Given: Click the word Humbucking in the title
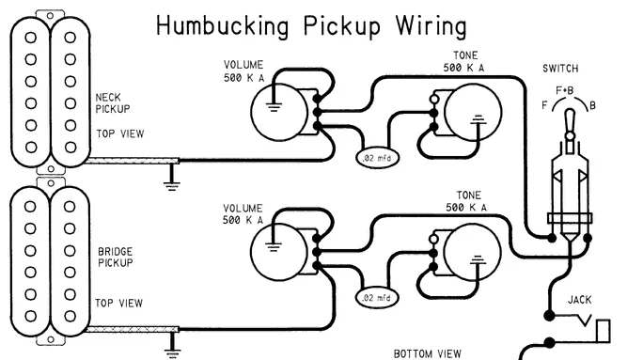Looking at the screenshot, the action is [223, 26].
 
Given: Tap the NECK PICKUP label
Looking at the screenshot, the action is [113, 103].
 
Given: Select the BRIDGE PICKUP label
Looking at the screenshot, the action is [116, 258].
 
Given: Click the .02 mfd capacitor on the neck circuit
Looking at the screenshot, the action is [377, 158].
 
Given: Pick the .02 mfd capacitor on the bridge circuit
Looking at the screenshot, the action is [377, 298].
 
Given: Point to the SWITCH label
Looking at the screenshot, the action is [560, 69].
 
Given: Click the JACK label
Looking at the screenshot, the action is [579, 300].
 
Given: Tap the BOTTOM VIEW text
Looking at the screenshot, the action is [428, 353].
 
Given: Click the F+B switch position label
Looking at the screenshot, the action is [565, 90].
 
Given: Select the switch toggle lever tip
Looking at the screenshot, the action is [570, 113].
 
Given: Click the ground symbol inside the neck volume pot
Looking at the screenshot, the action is [274, 107].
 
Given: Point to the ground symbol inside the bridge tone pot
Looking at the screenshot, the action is [477, 260].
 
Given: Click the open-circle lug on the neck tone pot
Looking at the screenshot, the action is [433, 100].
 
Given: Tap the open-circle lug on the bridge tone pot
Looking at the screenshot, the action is [433, 239].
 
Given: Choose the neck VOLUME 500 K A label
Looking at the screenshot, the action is [244, 71].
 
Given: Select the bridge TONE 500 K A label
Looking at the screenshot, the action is [466, 202].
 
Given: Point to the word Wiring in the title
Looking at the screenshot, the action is [431, 26].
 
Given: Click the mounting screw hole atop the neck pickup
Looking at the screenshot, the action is [50, 16].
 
